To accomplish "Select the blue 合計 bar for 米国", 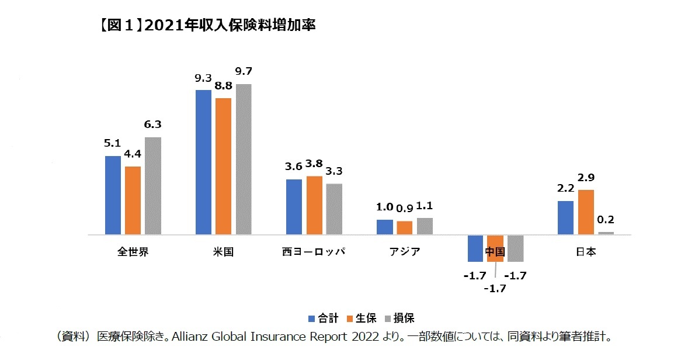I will (x=203, y=162).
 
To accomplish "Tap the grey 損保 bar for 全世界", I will (x=153, y=186).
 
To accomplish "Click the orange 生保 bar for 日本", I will (x=586, y=212).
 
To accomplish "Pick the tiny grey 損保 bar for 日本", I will (x=606, y=233).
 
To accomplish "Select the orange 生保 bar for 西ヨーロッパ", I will (x=314, y=205).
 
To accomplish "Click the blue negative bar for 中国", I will (x=475, y=248).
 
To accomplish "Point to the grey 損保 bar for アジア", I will (x=425, y=226).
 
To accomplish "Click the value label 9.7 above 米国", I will (x=244, y=72).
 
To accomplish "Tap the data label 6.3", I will (x=153, y=124).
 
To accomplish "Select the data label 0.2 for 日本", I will (x=606, y=220).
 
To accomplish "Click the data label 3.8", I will (x=314, y=164).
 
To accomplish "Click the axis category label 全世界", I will (x=133, y=252).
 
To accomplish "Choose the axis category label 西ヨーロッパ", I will (x=314, y=252).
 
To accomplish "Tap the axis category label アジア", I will (x=404, y=252).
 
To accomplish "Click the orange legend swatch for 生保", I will (x=350, y=319).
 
